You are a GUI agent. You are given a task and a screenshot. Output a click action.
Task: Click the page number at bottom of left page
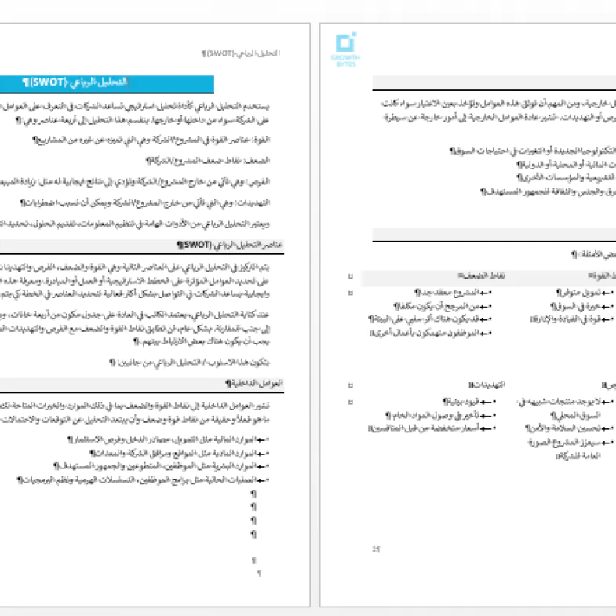(259, 573)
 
